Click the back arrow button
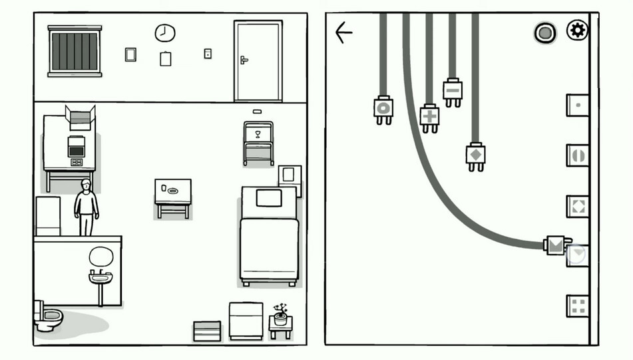(x=343, y=32)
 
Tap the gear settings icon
(x=577, y=30)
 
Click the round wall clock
(x=165, y=33)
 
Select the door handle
(x=244, y=60)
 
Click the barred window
(x=75, y=51)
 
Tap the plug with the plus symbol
(x=430, y=117)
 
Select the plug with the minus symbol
(x=453, y=91)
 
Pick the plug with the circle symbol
(x=383, y=109)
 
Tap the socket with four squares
(x=577, y=306)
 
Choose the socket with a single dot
(x=577, y=105)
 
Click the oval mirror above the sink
(x=101, y=257)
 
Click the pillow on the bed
(x=268, y=198)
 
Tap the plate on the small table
(x=173, y=191)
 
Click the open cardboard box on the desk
(x=80, y=119)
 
